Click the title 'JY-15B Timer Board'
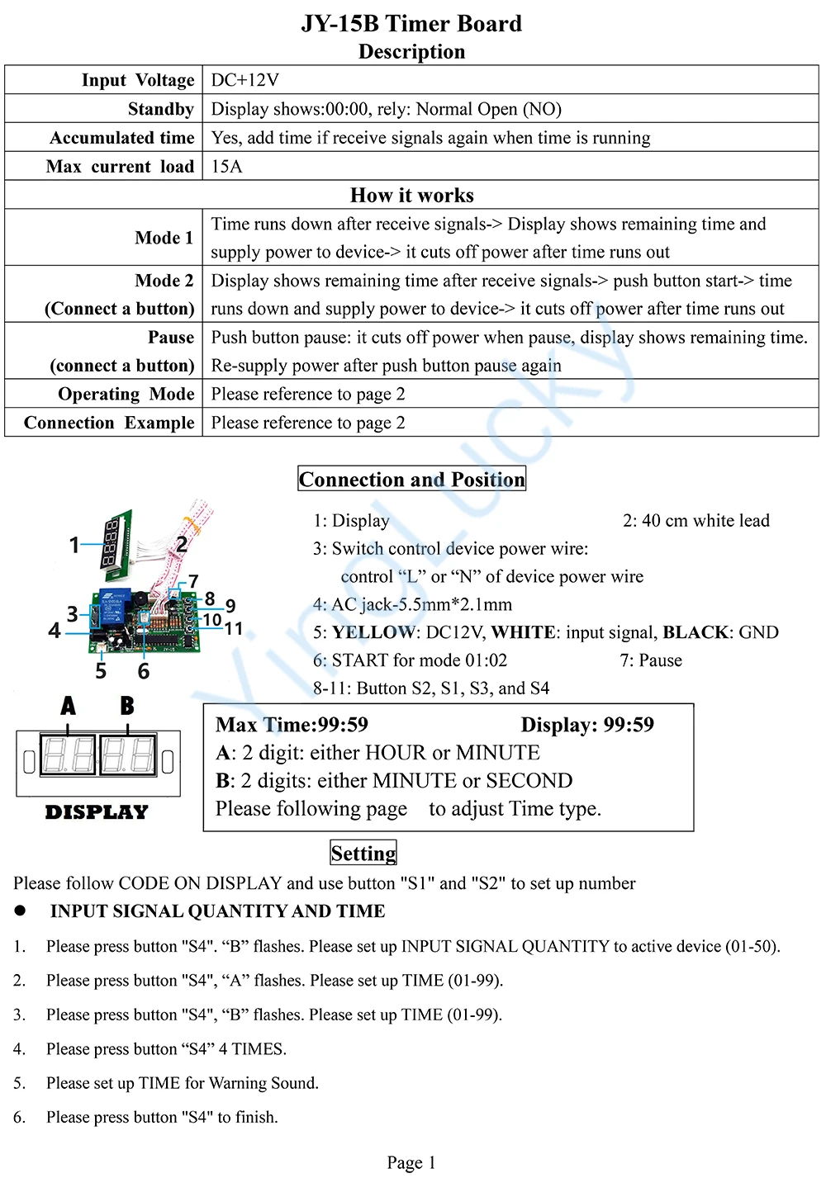411,23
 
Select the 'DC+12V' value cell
245,80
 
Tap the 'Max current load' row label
120,167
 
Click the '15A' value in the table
227,167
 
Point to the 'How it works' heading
411,196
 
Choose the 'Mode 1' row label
164,238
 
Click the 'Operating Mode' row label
126,394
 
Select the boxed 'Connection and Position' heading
411,480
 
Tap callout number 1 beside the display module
74,545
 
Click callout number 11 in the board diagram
234,629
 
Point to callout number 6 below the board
144,671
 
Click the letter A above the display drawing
68,706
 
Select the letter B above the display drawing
126,706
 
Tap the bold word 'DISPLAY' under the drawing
97,812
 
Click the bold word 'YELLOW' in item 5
374,632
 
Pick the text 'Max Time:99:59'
292,725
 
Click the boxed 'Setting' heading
363,853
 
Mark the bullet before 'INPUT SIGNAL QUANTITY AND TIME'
20,911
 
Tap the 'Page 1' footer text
411,1162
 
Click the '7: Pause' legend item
651,660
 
